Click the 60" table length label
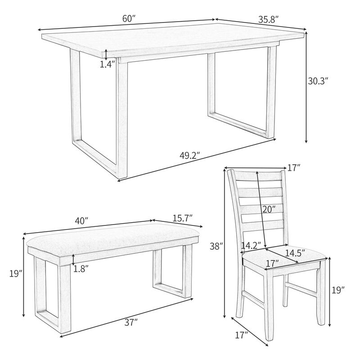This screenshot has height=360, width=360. point(129,18)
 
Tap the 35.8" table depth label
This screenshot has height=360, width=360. point(269,19)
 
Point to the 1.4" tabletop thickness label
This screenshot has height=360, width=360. point(108,64)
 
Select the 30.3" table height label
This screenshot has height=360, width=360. point(318,81)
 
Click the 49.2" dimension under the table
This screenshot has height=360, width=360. point(189,156)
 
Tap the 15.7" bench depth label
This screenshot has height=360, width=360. point(182,217)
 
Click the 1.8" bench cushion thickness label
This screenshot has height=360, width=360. point(81,269)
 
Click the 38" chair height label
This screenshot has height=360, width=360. point(216,246)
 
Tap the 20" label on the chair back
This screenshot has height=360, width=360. point(269,209)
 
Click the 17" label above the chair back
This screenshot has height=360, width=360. point(293,168)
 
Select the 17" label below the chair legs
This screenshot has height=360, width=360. point(242,335)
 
